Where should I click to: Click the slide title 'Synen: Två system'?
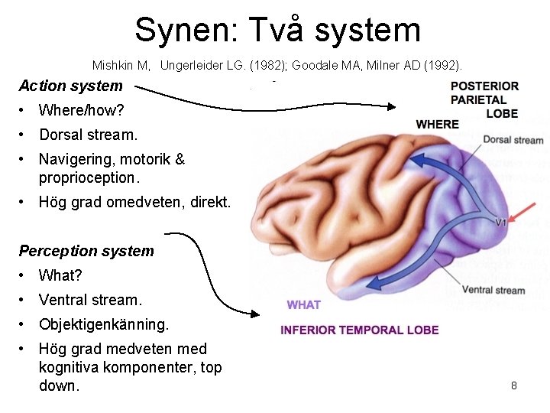(277, 30)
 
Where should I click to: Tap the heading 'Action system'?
(70, 86)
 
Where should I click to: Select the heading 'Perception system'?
(86, 251)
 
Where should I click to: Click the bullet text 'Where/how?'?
(81, 110)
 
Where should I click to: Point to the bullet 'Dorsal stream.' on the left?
(88, 135)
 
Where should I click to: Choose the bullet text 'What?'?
(60, 275)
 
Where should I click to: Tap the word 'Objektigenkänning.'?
(104, 324)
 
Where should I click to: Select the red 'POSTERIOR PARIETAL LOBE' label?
(484, 99)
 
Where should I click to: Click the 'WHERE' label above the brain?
(437, 124)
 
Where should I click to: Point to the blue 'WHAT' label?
(304, 305)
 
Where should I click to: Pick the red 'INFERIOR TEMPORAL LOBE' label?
(359, 330)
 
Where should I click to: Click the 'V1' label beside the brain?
(501, 223)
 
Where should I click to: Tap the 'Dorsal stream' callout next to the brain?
(513, 140)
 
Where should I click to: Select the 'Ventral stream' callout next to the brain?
(493, 290)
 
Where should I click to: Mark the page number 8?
(514, 385)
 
